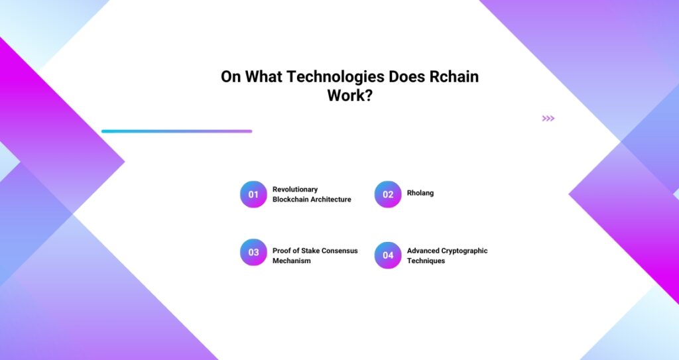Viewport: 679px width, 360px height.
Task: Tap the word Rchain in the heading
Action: pos(454,76)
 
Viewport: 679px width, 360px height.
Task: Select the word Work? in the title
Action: pos(350,95)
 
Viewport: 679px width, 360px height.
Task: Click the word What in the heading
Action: pos(264,76)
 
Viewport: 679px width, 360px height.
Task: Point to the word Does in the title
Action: pos(406,76)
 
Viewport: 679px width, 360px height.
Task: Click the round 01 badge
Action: pos(253,194)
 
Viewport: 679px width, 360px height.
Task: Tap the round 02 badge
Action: pos(388,194)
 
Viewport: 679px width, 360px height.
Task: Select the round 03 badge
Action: pos(253,252)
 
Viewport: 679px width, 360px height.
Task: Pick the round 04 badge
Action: pos(388,255)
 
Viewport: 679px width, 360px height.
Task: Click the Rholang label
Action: pos(420,193)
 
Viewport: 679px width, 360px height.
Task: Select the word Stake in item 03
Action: pos(310,251)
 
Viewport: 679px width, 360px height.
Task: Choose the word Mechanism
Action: pos(292,261)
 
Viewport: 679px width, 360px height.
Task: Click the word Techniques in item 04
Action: pos(426,261)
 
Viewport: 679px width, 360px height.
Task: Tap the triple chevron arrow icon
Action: pos(548,118)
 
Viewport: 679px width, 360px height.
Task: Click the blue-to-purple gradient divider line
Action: pos(176,131)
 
